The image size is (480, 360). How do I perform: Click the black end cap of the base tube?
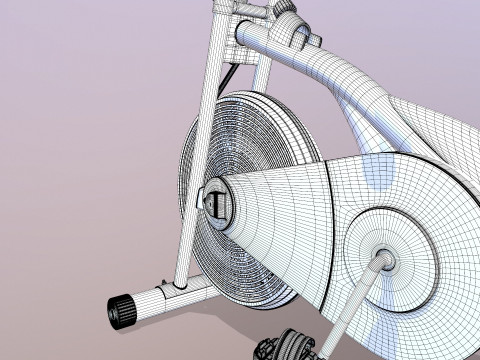(123, 311)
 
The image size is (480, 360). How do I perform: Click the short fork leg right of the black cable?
(262, 75)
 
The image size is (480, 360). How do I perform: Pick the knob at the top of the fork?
(285, 7)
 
